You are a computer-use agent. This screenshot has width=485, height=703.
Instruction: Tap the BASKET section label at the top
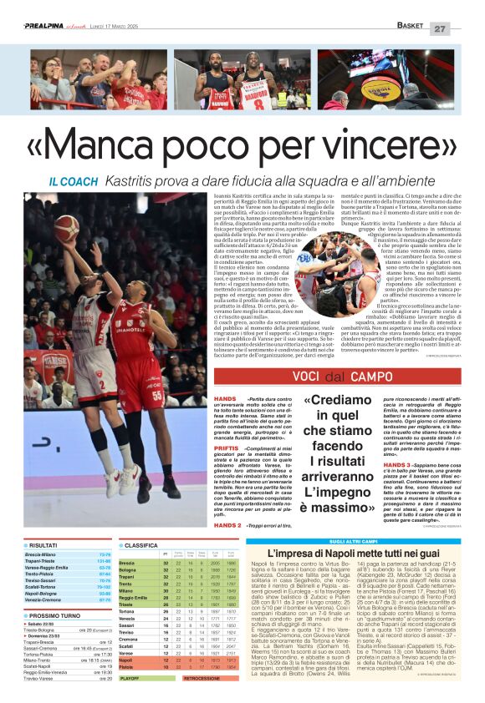[411, 28]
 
